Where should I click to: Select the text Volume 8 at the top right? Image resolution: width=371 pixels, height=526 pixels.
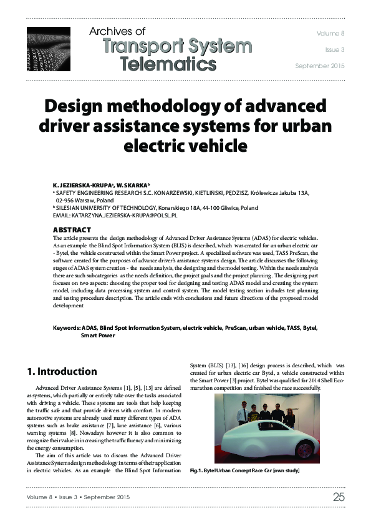pyautogui.click(x=330, y=32)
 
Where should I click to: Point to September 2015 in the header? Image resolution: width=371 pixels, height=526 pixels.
pyautogui.click(x=319, y=66)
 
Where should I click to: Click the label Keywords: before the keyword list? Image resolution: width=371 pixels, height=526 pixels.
pyautogui.click(x=66, y=327)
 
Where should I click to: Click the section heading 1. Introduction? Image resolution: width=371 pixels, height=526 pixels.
pyautogui.click(x=62, y=372)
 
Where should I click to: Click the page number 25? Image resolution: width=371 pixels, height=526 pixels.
pyautogui.click(x=338, y=497)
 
